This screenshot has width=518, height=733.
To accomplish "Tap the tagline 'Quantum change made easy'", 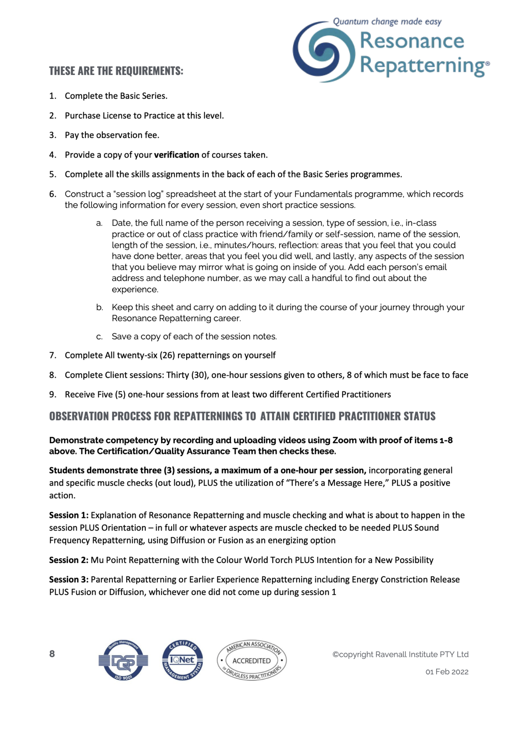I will coord(387,21).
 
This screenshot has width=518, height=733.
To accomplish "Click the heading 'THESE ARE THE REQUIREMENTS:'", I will coord(116,71).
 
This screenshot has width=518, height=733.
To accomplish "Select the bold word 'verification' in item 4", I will coord(176,155).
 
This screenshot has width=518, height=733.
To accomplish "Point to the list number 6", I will coord(53,194).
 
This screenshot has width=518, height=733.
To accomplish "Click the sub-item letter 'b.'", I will coord(100,307).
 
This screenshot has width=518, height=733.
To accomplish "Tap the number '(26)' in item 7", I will coord(167,355).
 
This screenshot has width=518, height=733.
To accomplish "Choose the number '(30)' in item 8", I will coord(200,375).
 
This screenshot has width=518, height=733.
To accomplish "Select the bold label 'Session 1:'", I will coord(69,515).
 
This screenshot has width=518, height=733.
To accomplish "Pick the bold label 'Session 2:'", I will coord(69,560).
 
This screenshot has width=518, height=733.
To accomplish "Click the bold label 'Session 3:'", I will coord(69,580).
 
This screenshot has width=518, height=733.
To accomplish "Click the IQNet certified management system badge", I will coord(183,660).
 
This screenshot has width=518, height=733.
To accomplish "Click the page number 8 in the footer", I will coord(52,654).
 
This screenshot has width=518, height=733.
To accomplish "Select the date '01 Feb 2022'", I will coord(447,672).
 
